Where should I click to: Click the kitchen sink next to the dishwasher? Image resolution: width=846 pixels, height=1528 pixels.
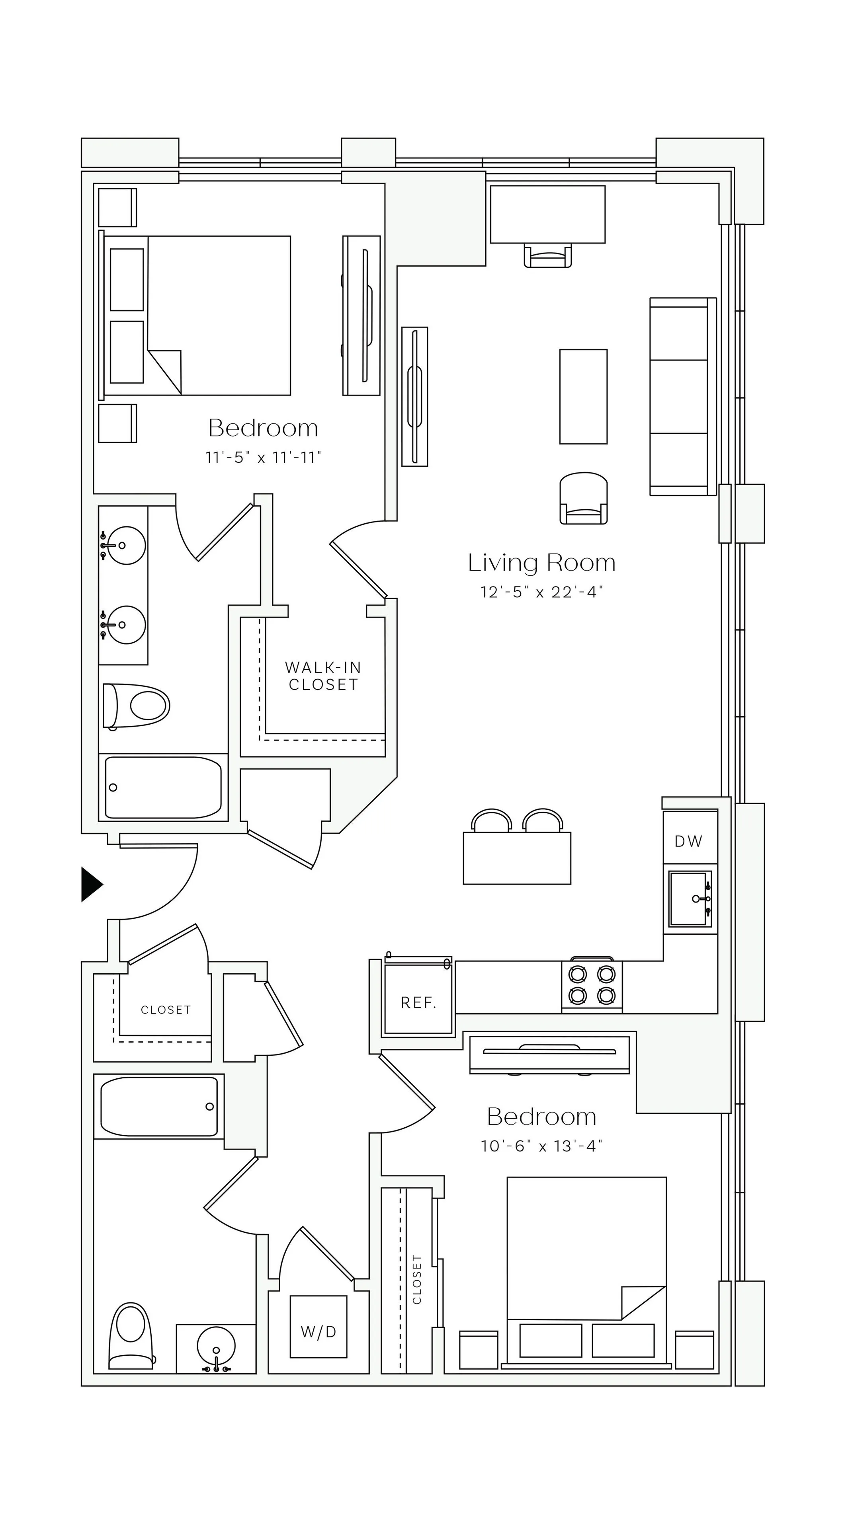click(x=690, y=898)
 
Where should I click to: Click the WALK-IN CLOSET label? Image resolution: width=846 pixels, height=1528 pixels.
click(x=323, y=676)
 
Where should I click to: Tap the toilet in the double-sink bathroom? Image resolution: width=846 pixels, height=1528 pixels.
click(x=137, y=706)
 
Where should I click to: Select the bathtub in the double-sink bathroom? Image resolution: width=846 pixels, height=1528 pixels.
click(x=163, y=787)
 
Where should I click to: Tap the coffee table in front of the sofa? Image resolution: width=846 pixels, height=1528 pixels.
click(x=583, y=396)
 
